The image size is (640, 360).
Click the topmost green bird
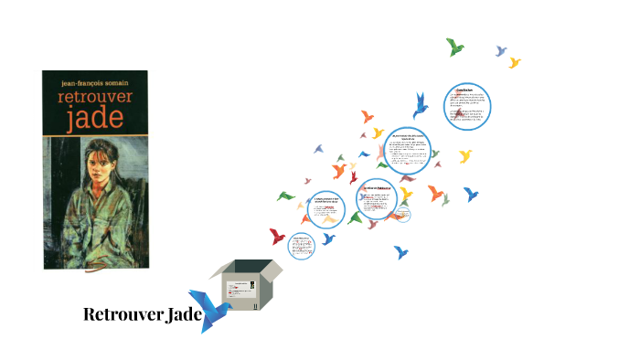tap(454, 47)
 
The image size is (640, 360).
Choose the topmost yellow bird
tap(515, 62)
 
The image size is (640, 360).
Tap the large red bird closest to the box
tap(277, 236)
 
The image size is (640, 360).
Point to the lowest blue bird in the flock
tap(400, 252)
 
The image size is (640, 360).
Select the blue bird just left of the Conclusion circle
tap(421, 105)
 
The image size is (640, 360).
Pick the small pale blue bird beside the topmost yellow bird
tap(501, 51)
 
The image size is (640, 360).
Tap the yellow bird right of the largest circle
tap(465, 156)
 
